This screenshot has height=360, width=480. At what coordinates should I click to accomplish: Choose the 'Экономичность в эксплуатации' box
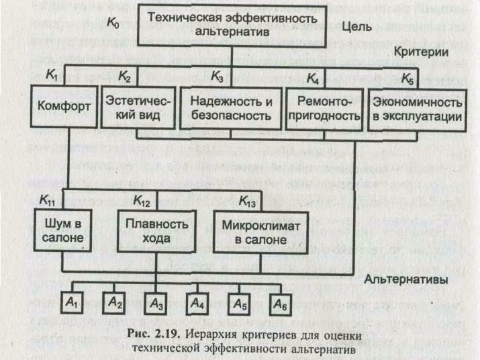pyautogui.click(x=418, y=109)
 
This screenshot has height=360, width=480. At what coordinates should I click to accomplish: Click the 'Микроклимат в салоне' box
pyautogui.click(x=254, y=230)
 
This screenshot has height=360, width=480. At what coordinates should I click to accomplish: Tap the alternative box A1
pyautogui.click(x=72, y=303)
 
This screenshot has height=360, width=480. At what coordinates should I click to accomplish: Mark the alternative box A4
pyautogui.click(x=196, y=303)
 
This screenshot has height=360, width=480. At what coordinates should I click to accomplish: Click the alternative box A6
pyautogui.click(x=280, y=303)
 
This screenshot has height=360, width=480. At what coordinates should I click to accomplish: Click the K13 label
pyautogui.click(x=248, y=200)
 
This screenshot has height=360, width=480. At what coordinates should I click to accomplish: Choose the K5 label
pyautogui.click(x=407, y=79)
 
